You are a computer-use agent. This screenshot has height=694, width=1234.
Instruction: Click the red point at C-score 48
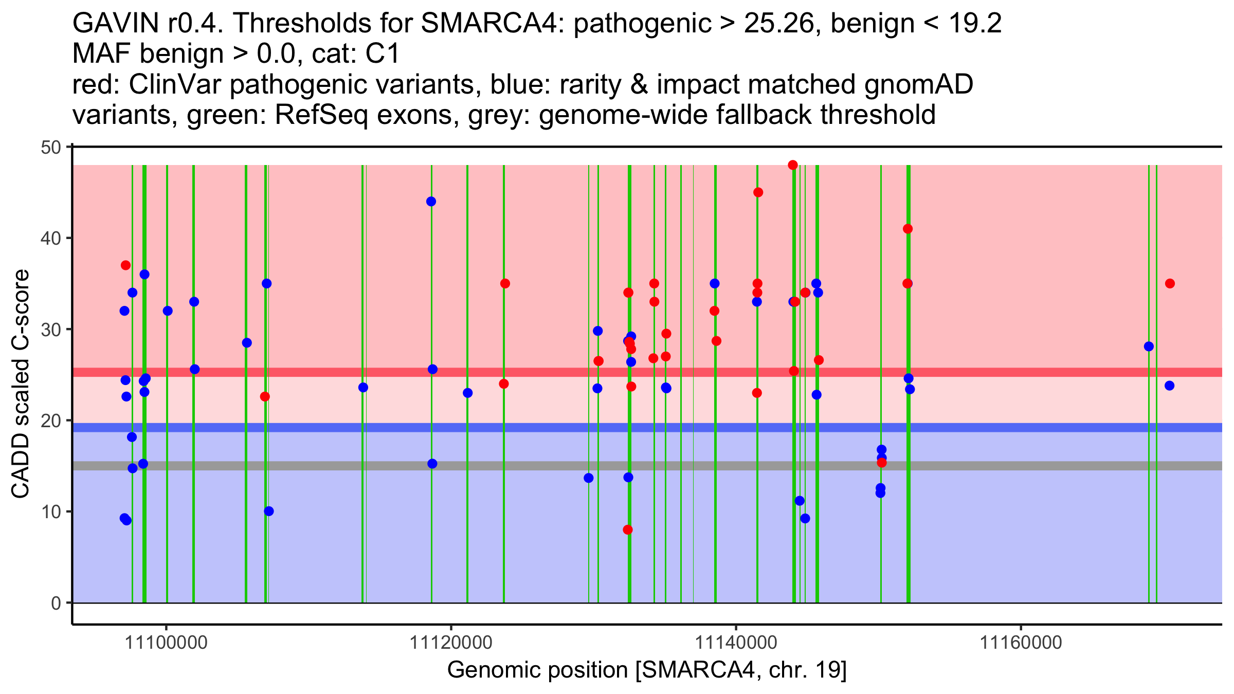click(793, 165)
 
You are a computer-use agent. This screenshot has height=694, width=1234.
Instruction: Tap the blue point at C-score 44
click(431, 202)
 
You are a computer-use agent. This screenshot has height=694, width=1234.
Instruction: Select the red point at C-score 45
click(758, 192)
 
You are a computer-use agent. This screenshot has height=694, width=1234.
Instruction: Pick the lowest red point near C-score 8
click(628, 529)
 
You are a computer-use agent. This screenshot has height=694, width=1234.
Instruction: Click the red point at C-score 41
click(908, 229)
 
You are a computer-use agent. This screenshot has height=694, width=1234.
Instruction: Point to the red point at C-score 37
click(125, 265)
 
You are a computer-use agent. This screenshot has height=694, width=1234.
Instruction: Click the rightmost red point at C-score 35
click(1170, 284)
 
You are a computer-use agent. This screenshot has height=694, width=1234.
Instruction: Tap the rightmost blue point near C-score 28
click(1149, 346)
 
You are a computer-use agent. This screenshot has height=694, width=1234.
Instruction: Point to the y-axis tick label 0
click(56, 603)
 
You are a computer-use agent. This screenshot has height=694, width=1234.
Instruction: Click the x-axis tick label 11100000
click(166, 643)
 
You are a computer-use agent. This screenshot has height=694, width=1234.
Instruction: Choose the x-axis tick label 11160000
click(1021, 643)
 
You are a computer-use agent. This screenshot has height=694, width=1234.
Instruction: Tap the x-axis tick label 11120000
click(451, 643)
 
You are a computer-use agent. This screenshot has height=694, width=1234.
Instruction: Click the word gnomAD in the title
click(918, 84)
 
